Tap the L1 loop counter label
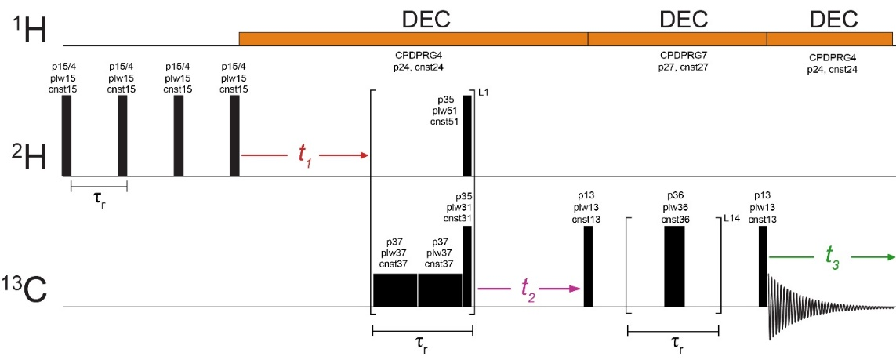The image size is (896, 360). coord(483,93)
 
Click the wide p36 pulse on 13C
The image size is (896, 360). coord(674,266)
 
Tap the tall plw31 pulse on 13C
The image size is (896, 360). coord(467,266)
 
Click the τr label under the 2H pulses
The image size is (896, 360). coord(99,196)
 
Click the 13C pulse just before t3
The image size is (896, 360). coord(763,266)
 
